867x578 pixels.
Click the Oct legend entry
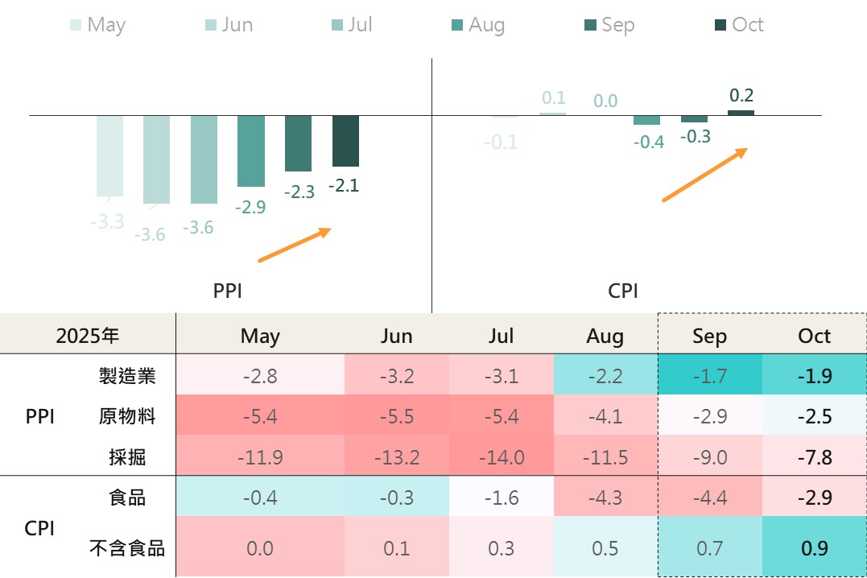739,25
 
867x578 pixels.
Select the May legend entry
97,25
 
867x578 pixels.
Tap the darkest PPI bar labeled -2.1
345,141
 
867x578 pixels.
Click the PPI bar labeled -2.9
251,151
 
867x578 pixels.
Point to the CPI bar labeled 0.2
741,113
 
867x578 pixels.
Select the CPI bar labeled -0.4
646,120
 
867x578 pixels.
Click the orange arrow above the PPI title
295,245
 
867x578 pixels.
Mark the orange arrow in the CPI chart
705,175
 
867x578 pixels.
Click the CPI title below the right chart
623,291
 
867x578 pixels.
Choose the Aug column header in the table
605,335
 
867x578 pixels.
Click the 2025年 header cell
88,335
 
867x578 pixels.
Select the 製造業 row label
127,375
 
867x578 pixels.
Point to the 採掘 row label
127,457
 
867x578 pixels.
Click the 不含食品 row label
127,549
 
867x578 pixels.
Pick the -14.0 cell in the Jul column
501,457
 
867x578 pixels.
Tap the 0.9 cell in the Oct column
814,549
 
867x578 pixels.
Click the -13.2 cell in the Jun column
396,457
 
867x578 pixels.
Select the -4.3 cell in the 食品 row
605,497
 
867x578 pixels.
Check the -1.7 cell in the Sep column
708,375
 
